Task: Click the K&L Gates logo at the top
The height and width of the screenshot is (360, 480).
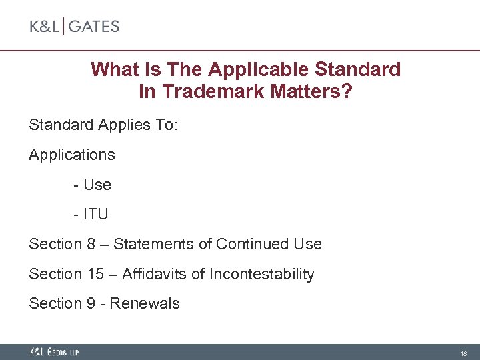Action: click(74, 27)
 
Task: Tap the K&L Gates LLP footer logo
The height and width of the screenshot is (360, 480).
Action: click(54, 352)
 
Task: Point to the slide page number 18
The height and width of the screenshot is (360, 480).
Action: click(463, 353)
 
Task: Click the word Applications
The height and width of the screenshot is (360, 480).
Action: click(72, 155)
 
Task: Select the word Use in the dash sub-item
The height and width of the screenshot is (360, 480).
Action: click(97, 185)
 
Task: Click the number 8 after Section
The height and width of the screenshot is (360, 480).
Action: click(91, 244)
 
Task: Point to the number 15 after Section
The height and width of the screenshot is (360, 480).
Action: click(94, 274)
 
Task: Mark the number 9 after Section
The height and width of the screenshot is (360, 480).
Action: click(91, 303)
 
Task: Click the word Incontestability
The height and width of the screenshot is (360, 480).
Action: click(261, 274)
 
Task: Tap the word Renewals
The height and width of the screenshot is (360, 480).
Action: click(145, 303)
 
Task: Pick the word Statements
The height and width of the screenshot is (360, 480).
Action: click(155, 244)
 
